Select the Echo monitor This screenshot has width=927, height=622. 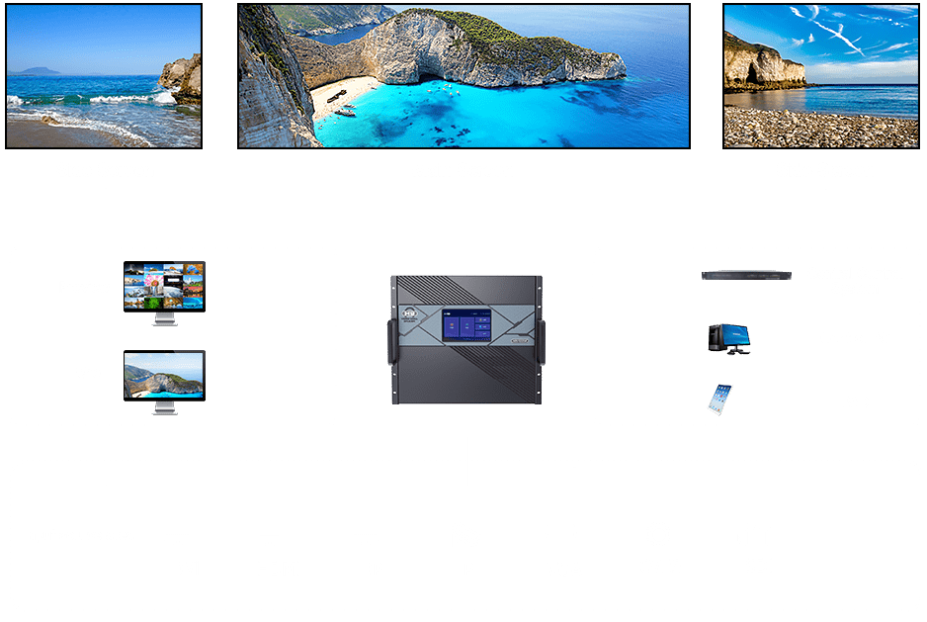164,375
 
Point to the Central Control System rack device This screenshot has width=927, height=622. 748,275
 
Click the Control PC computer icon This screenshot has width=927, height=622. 728,338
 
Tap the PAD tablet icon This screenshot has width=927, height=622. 720,400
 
